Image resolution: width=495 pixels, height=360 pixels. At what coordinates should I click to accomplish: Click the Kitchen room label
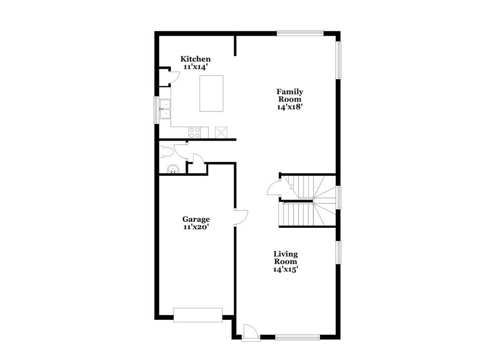196,59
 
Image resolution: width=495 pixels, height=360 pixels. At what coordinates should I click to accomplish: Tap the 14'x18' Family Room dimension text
290,107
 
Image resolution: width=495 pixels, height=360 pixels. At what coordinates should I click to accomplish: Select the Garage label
196,219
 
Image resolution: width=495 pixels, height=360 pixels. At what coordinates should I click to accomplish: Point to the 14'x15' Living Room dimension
286,269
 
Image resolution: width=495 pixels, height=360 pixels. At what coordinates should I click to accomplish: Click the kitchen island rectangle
211,94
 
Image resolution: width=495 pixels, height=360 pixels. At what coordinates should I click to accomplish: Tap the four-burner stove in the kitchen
195,132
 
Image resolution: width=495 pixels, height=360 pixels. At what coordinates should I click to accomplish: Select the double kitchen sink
165,109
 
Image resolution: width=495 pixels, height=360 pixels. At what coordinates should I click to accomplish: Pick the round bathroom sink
173,169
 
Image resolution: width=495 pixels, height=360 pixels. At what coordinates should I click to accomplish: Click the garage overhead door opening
198,315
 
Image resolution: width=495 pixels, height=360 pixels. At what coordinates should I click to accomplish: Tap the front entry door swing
251,333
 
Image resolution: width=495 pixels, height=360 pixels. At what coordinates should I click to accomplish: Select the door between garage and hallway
241,217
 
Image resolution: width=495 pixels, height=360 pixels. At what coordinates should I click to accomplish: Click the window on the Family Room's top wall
300,32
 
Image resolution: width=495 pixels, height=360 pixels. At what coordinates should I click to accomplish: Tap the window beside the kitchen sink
156,110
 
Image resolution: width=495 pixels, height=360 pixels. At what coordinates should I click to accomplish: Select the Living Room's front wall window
297,338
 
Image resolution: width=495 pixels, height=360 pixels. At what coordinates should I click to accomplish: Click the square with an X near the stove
221,132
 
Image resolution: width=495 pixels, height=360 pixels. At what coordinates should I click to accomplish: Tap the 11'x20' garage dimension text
196,227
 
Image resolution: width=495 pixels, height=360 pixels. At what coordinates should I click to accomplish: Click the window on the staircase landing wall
339,198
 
